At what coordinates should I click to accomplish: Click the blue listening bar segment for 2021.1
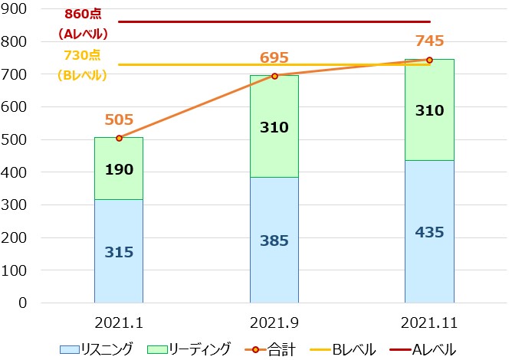(x=119, y=276)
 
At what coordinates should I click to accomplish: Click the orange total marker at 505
(x=119, y=138)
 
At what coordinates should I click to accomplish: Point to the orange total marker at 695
(x=274, y=76)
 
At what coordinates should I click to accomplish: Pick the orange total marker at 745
(x=429, y=60)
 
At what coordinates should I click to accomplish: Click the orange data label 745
(x=429, y=41)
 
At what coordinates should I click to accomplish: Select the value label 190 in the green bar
(x=119, y=170)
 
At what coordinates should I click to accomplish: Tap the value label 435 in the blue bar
(x=429, y=233)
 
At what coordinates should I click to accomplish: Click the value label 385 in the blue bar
(x=274, y=241)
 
